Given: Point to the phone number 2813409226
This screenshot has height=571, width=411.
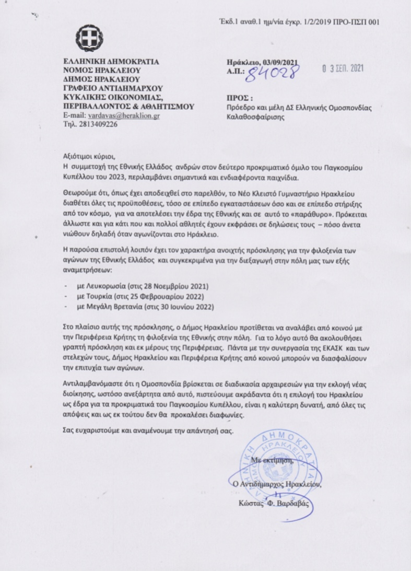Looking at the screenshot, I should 98,125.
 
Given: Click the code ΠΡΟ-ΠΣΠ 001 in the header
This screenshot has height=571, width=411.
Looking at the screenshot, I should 353,21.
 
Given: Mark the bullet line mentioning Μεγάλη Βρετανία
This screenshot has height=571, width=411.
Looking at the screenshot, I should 146,306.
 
